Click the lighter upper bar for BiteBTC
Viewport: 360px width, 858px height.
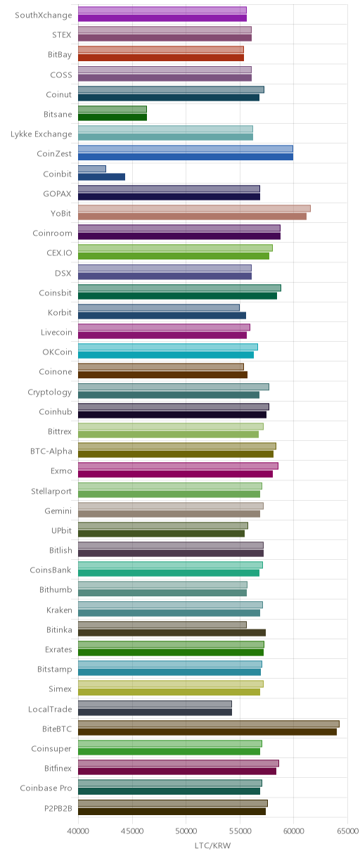point(209,724)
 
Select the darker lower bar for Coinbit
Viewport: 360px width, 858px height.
point(101,177)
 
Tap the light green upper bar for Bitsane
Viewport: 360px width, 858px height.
point(112,109)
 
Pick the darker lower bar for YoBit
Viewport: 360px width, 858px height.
point(192,217)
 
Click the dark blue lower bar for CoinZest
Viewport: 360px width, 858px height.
point(186,157)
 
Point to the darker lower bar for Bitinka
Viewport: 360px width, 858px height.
point(172,633)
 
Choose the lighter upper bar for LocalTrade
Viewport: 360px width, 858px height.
point(155,704)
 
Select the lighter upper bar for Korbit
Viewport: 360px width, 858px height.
point(158,307)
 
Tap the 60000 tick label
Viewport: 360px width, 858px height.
point(294,831)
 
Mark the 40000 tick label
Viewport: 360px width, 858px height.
point(78,831)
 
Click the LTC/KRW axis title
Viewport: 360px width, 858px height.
point(213,845)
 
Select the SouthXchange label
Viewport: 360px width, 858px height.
point(44,15)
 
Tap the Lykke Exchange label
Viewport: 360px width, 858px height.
point(41,134)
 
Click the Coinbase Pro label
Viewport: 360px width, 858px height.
point(46,788)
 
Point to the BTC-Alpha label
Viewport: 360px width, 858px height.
point(51,452)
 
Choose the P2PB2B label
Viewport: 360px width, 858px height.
point(58,808)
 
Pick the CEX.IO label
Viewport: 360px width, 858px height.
point(59,252)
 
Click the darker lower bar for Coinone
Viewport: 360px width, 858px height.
point(162,375)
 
